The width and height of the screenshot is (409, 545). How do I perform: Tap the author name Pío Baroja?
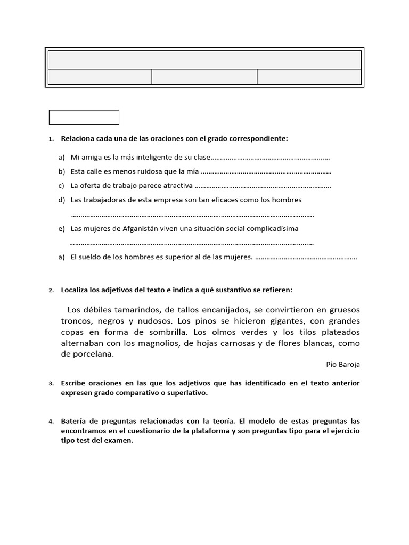pos(342,365)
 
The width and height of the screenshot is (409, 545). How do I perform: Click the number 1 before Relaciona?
pos(51,139)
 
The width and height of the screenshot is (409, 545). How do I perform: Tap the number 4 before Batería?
pos(51,422)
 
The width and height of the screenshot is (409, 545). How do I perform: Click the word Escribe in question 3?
pos(74,383)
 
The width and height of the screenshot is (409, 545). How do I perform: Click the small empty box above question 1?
pos(84,117)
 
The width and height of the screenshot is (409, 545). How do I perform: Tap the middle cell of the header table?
pos(204,77)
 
